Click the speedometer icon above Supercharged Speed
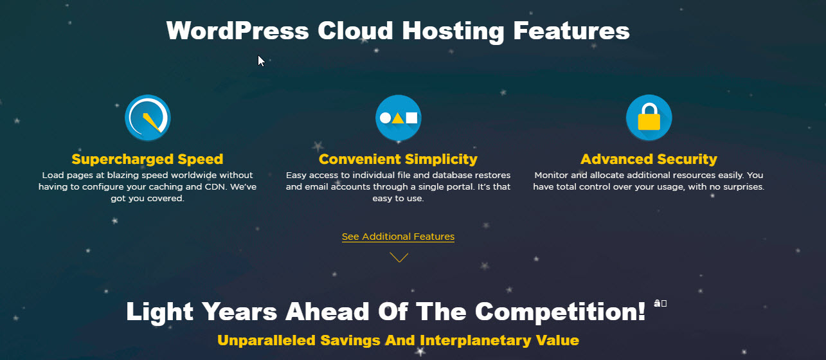[147, 118]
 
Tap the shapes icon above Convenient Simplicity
[399, 118]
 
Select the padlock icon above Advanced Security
[649, 118]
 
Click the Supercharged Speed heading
[147, 159]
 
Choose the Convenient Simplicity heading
[398, 159]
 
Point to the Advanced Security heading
[649, 159]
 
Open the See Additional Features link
[398, 237]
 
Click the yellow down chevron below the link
[399, 257]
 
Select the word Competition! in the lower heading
[560, 312]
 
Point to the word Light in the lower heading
[160, 312]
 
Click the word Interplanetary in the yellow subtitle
[454, 340]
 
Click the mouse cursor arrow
[261, 60]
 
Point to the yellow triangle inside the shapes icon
[399, 118]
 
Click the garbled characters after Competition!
[660, 303]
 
